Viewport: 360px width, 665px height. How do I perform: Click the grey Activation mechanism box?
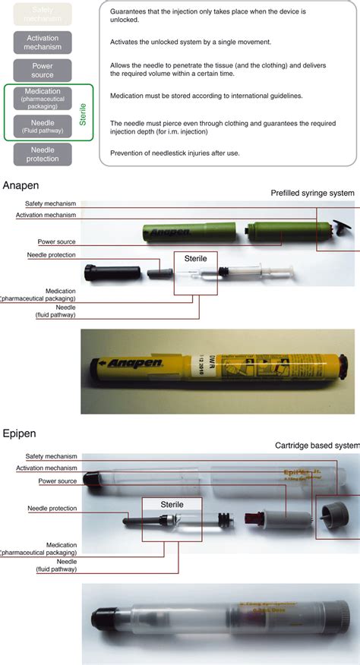(x=48, y=43)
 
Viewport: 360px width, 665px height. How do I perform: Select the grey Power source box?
(x=48, y=71)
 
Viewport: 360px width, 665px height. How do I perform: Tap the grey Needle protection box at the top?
(x=48, y=154)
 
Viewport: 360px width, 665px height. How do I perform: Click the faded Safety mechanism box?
(x=48, y=14)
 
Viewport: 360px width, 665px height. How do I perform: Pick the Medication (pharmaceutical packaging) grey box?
(x=42, y=98)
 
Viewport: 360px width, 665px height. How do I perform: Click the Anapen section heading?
(x=22, y=185)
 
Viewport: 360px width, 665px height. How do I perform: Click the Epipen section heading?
(x=21, y=434)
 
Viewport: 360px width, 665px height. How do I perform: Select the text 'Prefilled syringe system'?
(x=312, y=194)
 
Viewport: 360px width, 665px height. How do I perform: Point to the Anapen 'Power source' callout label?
(x=56, y=242)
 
